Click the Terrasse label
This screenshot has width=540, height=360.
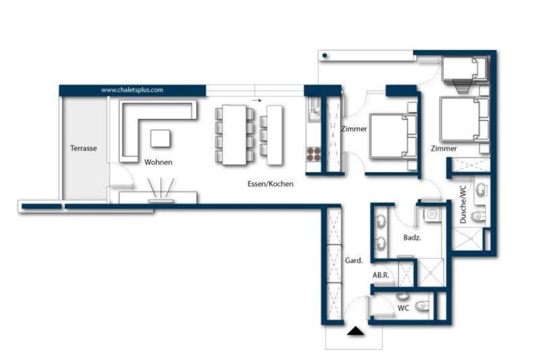click(83, 148)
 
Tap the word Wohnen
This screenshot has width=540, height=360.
click(158, 162)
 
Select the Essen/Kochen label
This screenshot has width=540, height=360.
click(270, 184)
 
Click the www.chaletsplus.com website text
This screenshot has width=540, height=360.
click(132, 90)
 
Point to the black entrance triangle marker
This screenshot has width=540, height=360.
click(355, 331)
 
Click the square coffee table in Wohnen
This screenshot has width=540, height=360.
click(160, 138)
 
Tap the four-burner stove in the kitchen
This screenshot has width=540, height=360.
click(313, 154)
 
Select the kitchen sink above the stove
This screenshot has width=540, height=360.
click(314, 109)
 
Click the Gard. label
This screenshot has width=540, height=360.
click(353, 260)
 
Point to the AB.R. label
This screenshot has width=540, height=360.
click(380, 275)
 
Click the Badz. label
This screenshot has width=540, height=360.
click(412, 237)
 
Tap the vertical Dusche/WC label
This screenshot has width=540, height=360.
click(463, 204)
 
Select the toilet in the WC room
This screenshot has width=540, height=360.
click(422, 305)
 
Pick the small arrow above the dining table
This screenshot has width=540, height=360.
click(257, 100)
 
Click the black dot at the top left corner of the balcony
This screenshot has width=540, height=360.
click(324, 55)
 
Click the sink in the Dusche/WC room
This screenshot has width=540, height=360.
click(481, 190)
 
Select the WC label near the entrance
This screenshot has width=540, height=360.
click(403, 307)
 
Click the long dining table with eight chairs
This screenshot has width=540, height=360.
click(234, 134)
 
